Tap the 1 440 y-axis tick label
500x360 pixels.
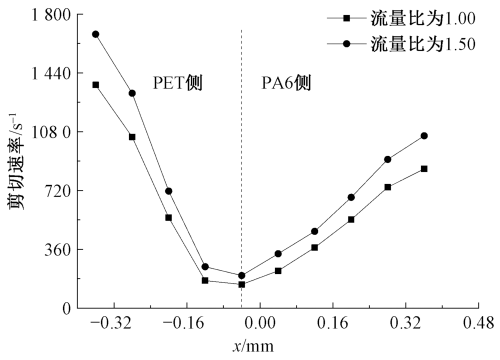coord(46,73)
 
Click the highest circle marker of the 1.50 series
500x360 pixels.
coord(95,34)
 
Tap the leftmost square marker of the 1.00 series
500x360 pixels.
coord(95,85)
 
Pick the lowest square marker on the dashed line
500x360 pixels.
coord(241,284)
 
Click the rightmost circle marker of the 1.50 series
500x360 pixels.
coord(424,135)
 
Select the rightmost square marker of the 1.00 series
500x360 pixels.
coord(424,169)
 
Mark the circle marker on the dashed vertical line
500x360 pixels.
coord(241,275)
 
